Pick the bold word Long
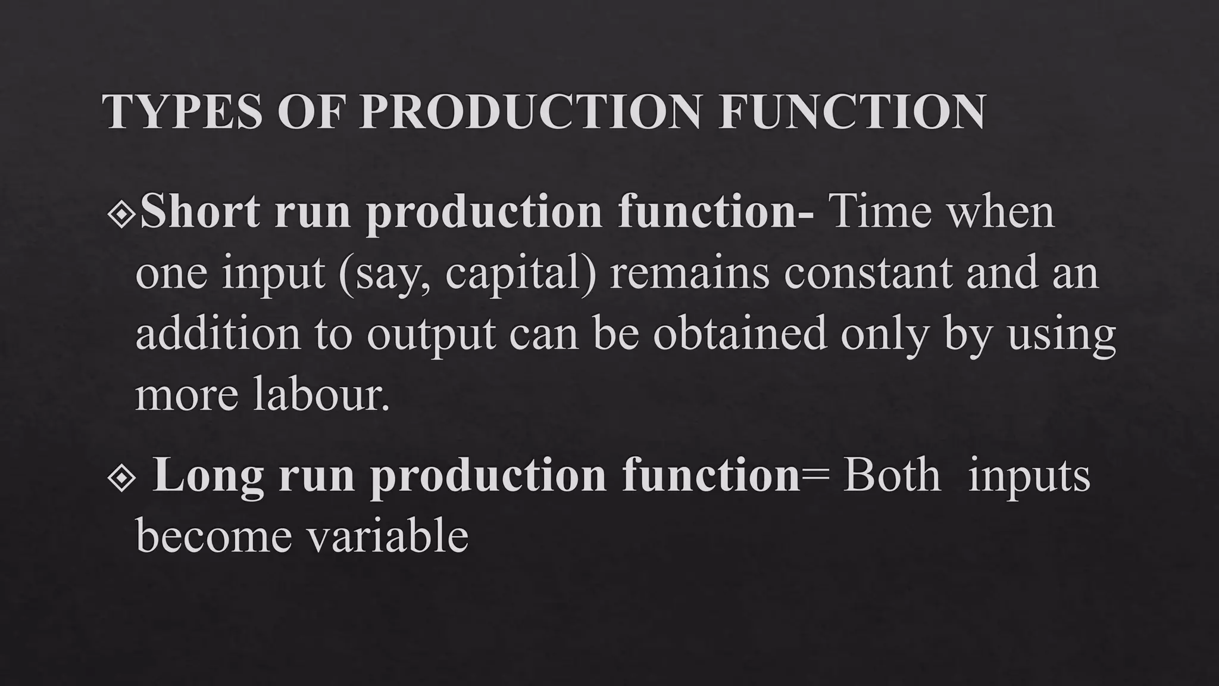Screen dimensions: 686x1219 [x=208, y=476]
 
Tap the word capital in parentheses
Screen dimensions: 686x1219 [x=519, y=274]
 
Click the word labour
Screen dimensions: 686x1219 [x=321, y=394]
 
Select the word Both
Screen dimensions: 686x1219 [x=892, y=476]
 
